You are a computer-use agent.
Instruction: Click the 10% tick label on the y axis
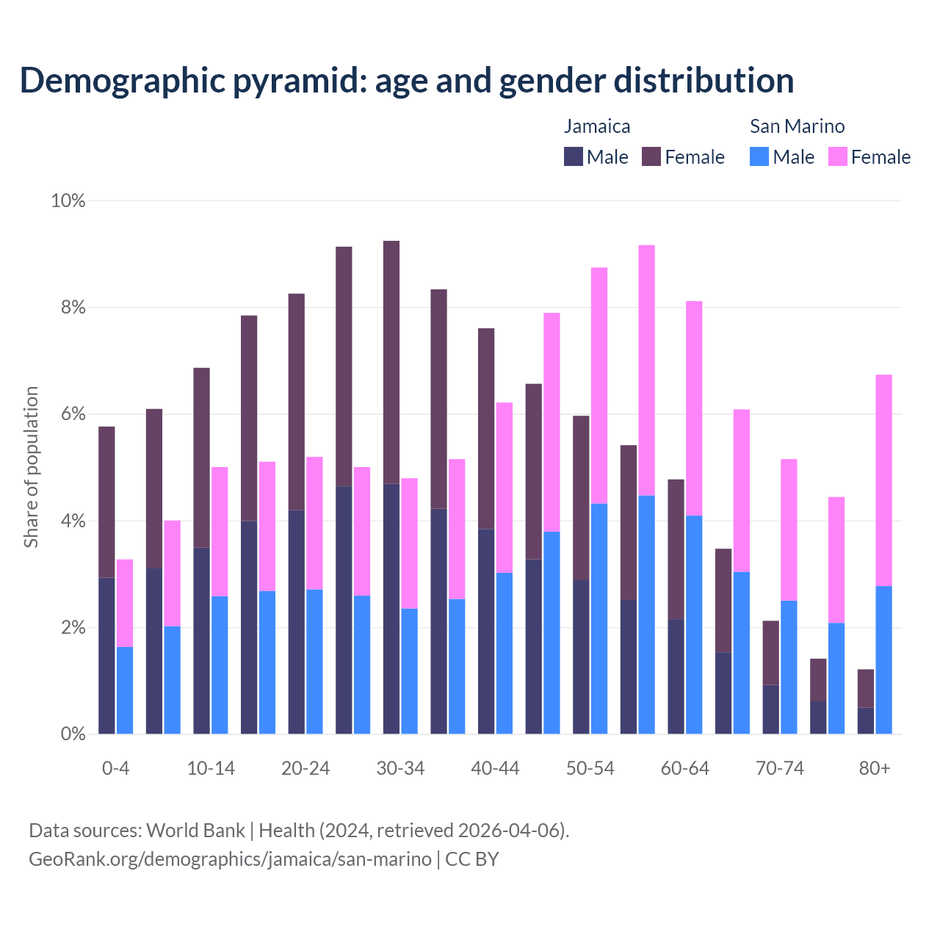click(68, 200)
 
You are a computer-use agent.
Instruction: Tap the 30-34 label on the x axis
click(400, 769)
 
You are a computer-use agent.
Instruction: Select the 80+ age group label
click(875, 769)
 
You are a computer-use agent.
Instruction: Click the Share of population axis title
click(31, 467)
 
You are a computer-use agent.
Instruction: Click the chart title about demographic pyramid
click(407, 80)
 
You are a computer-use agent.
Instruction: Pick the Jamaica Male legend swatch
click(574, 156)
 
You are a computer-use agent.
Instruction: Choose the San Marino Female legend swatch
click(838, 156)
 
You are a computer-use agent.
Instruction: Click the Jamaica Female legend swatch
click(651, 156)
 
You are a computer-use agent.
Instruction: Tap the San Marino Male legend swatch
click(759, 156)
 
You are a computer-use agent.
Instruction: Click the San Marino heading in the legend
click(797, 126)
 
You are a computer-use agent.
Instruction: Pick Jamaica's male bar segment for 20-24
click(297, 621)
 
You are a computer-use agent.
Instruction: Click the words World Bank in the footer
click(195, 831)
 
